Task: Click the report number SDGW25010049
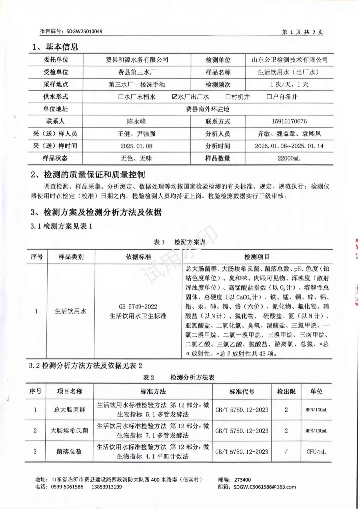(84, 31)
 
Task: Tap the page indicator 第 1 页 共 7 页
(302, 32)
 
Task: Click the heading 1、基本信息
(55, 47)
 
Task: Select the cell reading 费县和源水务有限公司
(137, 60)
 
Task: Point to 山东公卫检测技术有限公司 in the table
(289, 60)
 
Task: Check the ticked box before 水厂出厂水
(174, 97)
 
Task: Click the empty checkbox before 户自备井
(269, 97)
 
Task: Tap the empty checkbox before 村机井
(228, 97)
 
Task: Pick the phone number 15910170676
(289, 121)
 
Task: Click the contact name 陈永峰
(136, 121)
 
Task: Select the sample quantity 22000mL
(289, 158)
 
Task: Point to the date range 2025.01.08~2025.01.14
(289, 146)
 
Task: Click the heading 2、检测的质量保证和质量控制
(88, 175)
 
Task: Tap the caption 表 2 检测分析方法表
(179, 377)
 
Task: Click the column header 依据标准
(138, 257)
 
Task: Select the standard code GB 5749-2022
(138, 306)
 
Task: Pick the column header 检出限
(286, 391)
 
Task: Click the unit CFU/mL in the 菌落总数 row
(316, 452)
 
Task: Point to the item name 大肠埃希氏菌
(69, 430)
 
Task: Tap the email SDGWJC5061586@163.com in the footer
(265, 487)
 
